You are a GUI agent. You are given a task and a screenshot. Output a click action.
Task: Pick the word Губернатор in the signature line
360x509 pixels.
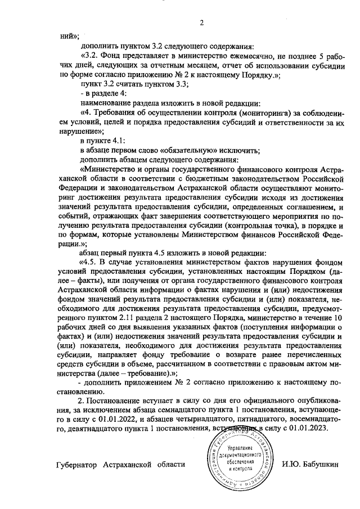79,465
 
